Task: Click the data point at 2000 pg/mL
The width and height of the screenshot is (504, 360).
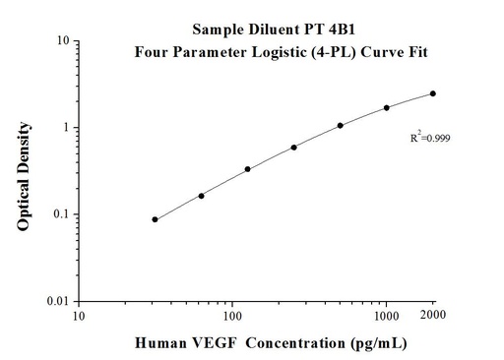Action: point(433,93)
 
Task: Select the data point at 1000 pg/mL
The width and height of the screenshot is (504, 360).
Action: point(387,107)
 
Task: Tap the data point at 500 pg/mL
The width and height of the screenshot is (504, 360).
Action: point(341,125)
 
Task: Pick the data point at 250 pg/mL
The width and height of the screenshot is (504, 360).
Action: point(294,148)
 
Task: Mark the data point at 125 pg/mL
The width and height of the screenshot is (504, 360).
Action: point(247,169)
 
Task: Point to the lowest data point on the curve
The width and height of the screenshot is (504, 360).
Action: point(156,219)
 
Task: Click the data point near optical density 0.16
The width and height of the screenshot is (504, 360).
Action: point(202,196)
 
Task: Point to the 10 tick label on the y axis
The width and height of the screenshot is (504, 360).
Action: point(61,41)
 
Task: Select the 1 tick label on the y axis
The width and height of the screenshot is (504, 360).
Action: point(64,128)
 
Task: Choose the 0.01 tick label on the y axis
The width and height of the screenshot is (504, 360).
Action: point(56,301)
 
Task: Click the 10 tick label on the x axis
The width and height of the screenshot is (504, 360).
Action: point(80,316)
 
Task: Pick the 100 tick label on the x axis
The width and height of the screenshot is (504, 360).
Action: point(232,316)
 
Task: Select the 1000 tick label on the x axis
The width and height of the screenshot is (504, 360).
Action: point(387,316)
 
